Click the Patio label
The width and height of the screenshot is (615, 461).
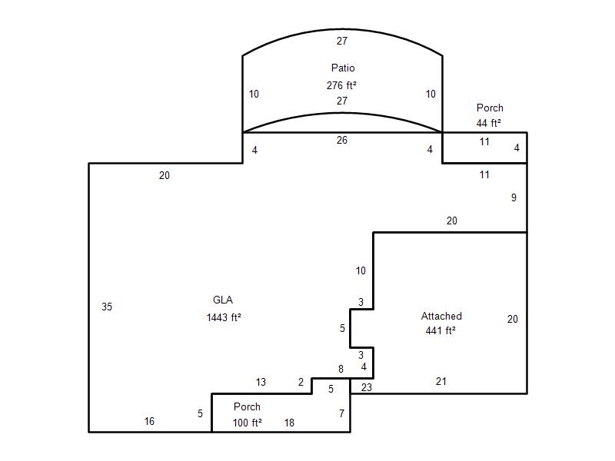click(343, 68)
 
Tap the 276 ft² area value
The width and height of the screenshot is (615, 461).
click(341, 85)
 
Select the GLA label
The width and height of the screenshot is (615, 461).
click(223, 300)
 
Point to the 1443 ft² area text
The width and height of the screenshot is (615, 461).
click(224, 317)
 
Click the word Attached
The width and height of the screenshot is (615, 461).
click(441, 316)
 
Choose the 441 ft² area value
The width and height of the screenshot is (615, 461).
click(440, 330)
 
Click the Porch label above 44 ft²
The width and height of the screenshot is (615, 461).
click(490, 108)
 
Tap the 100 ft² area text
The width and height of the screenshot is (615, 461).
click(247, 423)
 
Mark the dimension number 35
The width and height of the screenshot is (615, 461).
click(107, 307)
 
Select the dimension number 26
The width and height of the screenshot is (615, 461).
click(341, 140)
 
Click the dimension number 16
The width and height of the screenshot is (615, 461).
click(149, 421)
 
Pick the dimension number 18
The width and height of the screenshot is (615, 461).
click(289, 423)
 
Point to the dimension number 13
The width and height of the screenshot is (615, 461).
click(261, 382)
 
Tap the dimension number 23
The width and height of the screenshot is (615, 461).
click(367, 387)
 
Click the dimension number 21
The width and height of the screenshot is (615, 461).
click(440, 381)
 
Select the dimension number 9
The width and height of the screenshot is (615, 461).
click(514, 197)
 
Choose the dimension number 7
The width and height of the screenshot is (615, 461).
click(341, 413)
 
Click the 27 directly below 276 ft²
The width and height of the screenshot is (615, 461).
click(341, 101)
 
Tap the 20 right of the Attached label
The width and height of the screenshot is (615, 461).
click(512, 319)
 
